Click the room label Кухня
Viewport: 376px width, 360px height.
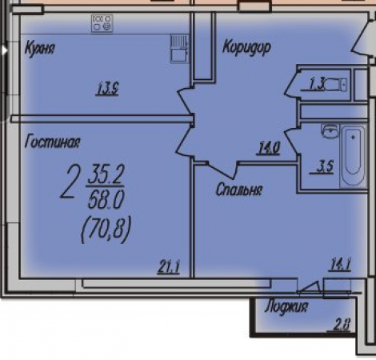coord(40,49)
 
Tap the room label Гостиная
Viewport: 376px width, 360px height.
coord(52,142)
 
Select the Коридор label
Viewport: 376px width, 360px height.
coord(246,47)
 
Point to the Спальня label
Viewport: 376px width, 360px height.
coord(239,190)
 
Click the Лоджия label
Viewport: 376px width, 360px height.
coord(286,306)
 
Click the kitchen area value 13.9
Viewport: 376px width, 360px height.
coord(107,89)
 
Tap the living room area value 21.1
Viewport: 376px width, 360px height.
coord(169,267)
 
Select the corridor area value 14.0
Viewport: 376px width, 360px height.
coord(268,148)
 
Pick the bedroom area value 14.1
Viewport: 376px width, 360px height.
coord(341,265)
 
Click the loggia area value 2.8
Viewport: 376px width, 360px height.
coord(342,324)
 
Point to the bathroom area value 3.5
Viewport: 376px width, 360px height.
coord(325,167)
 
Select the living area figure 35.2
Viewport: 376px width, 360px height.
coord(106,174)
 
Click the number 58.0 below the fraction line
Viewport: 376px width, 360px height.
coord(106,199)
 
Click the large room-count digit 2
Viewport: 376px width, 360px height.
coord(70,182)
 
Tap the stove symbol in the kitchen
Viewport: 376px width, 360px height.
coord(102,23)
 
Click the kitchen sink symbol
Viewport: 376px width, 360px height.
coord(180,49)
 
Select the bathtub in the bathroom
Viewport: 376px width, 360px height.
coord(354,156)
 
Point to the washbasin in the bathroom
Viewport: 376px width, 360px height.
coord(330,131)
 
